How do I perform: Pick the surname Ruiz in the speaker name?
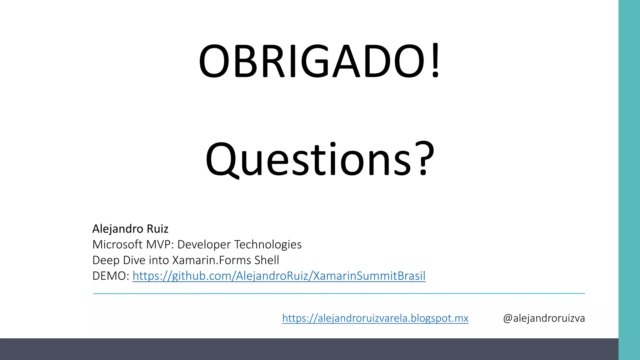[157, 229]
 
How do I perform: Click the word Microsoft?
[117, 244]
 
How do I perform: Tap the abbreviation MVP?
[159, 244]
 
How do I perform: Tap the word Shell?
[267, 260]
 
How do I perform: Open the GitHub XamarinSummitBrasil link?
[279, 276]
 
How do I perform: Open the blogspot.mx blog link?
[375, 318]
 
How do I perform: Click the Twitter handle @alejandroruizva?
[544, 318]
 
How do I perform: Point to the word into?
[159, 260]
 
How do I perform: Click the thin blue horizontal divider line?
[339, 293]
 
